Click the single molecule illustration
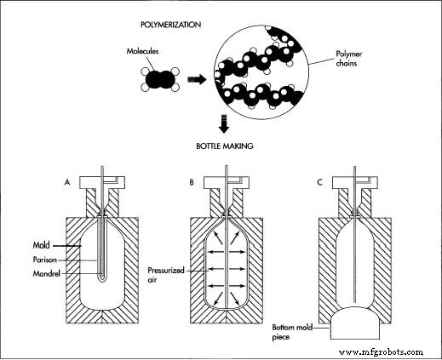click(x=156, y=80)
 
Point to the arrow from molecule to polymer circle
click(x=197, y=80)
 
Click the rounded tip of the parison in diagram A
click(x=103, y=277)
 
